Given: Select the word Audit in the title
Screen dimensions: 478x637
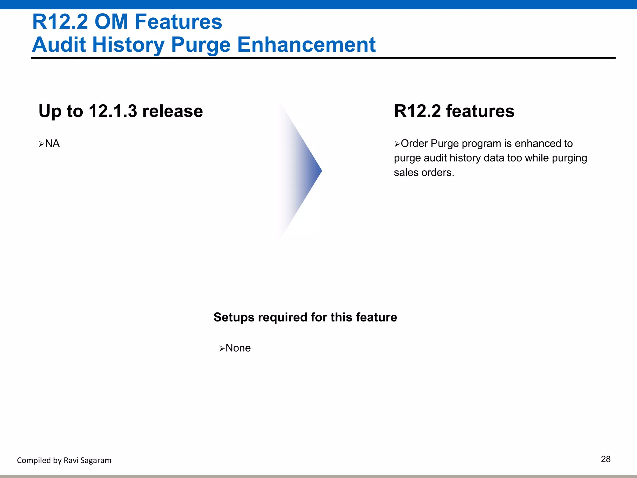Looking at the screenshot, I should coord(59,45).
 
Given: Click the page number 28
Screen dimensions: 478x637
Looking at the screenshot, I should coord(605,459).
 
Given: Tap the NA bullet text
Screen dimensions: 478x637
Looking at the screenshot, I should coord(52,143).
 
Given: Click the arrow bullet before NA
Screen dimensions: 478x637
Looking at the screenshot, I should coord(41,144).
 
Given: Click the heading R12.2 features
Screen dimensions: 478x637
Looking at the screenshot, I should coord(454,111).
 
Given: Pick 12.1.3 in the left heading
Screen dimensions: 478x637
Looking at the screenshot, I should coord(113,111).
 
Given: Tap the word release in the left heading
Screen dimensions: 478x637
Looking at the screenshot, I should coord(172,111).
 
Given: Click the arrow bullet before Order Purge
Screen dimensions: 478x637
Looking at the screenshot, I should coord(397,144).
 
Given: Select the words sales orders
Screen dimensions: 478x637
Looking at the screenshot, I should coord(424,172).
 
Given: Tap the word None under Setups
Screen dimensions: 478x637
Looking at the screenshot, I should coord(238,348).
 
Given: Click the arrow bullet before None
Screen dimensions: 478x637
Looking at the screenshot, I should coord(222,349).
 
